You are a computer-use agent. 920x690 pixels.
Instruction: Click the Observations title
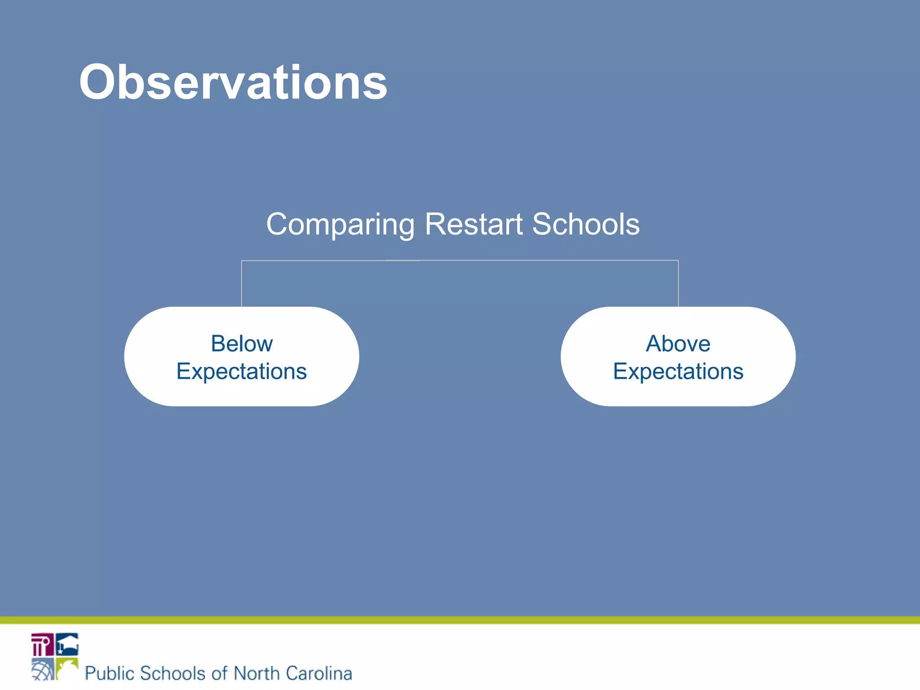(233, 82)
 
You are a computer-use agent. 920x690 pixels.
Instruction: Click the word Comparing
(340, 224)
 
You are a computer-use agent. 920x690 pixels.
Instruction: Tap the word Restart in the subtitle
(473, 224)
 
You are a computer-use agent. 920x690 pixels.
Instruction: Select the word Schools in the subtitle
(586, 224)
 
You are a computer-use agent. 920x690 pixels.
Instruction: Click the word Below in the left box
(242, 344)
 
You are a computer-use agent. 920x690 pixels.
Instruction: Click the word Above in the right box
(678, 344)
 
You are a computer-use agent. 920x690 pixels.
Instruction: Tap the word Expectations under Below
(242, 372)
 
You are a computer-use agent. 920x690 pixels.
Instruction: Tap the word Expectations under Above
(678, 372)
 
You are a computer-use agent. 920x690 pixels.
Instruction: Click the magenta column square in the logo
(42, 645)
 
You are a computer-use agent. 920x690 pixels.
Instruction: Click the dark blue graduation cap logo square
(67, 645)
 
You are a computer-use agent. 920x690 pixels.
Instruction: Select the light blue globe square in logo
(42, 669)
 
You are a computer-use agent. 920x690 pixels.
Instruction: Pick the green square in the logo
(67, 668)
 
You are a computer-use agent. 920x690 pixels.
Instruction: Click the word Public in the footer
(110, 673)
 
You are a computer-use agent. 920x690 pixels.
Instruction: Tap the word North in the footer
(257, 673)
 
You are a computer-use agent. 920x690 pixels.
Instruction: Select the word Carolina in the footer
(319, 673)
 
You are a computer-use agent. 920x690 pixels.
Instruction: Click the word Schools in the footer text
(173, 673)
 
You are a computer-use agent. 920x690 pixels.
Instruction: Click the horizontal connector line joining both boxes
(460, 261)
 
